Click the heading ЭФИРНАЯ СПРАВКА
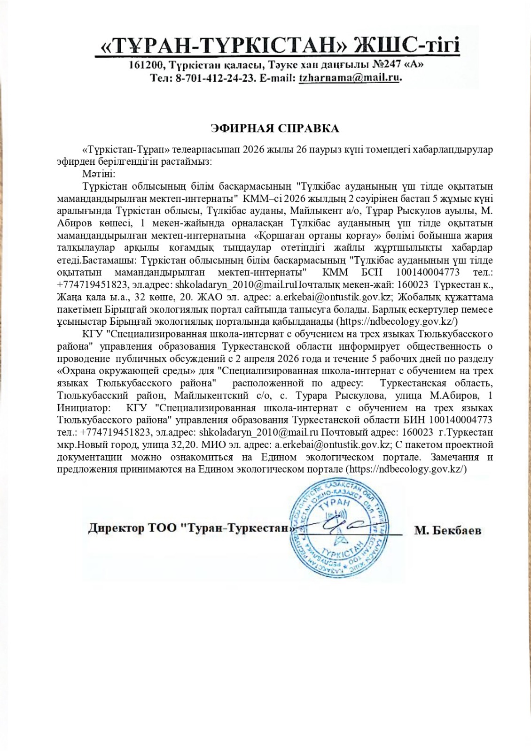(x=274, y=129)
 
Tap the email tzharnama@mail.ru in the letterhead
(x=350, y=78)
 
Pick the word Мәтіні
(x=95, y=174)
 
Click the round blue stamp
(x=338, y=529)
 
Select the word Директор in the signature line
(x=116, y=529)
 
